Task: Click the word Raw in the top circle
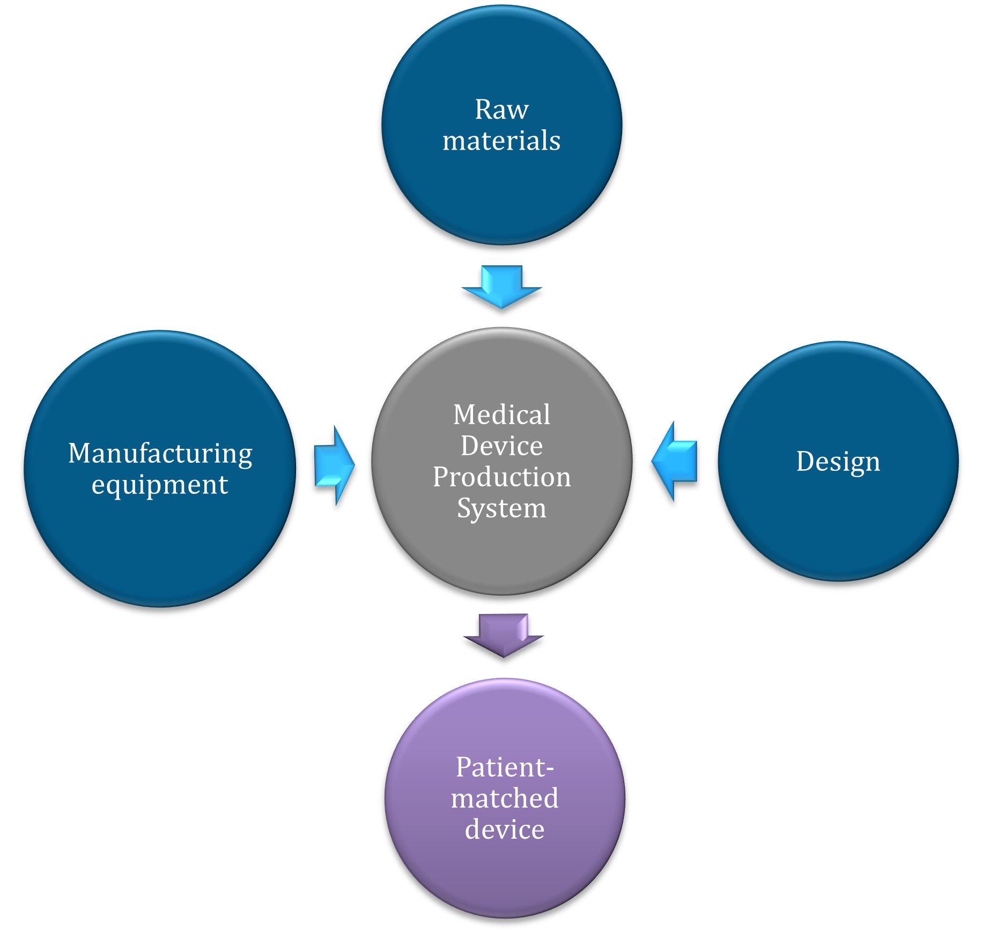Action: (501, 110)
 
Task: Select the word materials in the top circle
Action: (501, 141)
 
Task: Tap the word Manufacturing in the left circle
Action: (160, 454)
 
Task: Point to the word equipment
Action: (160, 485)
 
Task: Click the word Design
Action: (838, 462)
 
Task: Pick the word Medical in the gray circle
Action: (501, 415)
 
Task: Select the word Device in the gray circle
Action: (501, 446)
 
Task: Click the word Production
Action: (501, 477)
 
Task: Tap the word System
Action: (501, 508)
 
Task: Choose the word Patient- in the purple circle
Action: (505, 767)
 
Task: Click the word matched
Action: (505, 798)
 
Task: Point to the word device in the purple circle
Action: (505, 829)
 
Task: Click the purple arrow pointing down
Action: (504, 635)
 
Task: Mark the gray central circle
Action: (501, 558)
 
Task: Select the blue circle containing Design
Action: (838, 526)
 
